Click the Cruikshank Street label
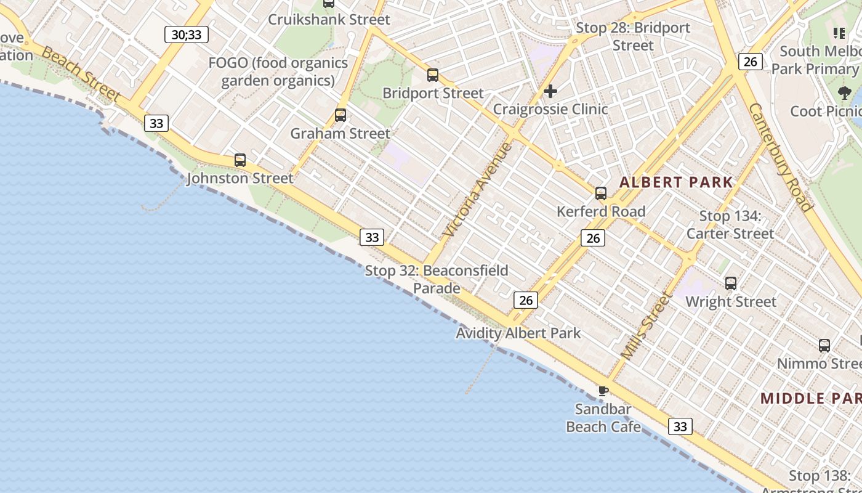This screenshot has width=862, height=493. (329, 19)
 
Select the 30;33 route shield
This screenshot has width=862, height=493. (187, 35)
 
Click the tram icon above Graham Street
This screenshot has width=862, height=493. (340, 115)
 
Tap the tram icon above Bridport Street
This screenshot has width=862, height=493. (433, 75)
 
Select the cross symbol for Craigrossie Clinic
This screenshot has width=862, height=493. (550, 91)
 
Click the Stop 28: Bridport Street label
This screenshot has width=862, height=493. (633, 36)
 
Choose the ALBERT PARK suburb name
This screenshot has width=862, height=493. (676, 182)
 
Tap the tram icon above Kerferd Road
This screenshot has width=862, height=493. (601, 194)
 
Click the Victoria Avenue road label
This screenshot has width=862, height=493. (477, 190)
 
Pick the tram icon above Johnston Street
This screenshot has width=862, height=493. (240, 160)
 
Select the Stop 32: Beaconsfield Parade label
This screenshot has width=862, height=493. (437, 279)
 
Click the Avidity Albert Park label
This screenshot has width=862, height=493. (518, 333)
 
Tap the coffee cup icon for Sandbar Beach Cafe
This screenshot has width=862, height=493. (603, 391)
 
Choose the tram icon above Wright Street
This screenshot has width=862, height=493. (731, 283)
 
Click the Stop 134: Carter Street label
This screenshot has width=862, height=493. (730, 225)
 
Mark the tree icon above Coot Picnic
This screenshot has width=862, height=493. (844, 93)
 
